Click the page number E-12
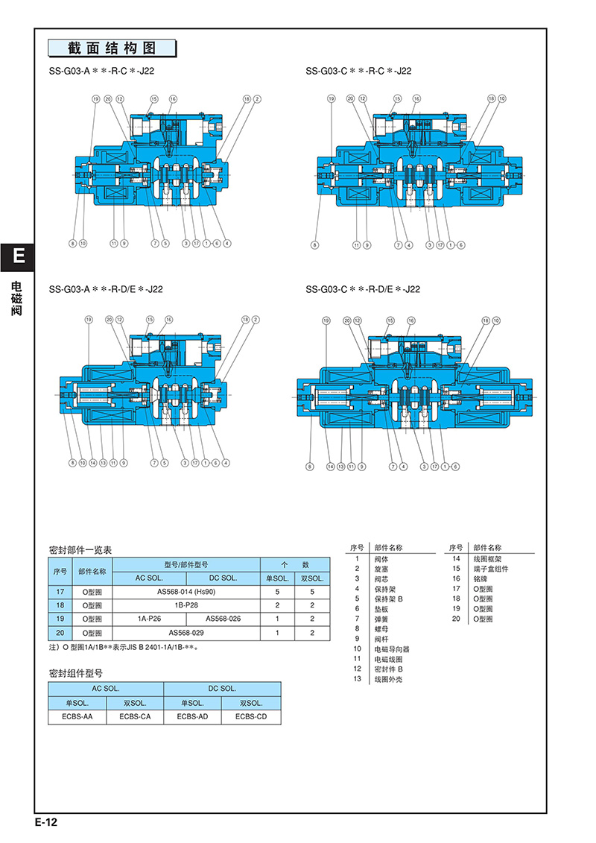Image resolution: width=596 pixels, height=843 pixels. click(45, 823)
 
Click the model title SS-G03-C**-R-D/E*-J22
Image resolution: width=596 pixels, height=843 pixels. click(363, 289)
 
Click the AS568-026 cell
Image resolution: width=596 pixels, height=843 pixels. click(223, 619)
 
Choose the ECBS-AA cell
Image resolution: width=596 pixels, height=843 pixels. click(77, 717)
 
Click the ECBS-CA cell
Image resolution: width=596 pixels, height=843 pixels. click(135, 717)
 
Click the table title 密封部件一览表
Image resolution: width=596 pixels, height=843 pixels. click(80, 550)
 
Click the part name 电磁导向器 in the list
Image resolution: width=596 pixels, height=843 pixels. click(392, 649)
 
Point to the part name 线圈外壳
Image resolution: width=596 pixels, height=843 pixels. click(387, 679)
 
